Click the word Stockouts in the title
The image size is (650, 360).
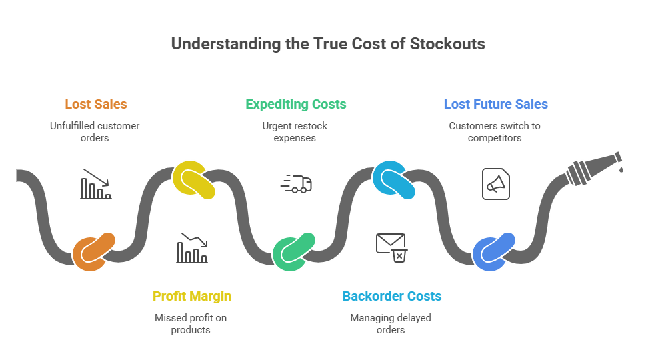tap(447, 45)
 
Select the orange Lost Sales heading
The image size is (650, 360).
tap(96, 104)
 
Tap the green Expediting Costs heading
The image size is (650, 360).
tap(295, 104)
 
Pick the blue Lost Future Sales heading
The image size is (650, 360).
tap(495, 104)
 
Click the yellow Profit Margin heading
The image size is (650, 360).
tap(191, 296)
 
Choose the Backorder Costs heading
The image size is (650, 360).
tap(391, 296)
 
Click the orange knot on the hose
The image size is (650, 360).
tap(93, 252)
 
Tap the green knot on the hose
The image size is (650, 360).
tap(293, 252)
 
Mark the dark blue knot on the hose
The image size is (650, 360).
tap(493, 252)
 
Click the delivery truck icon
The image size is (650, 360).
tap(296, 184)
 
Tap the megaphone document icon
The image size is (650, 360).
tap(495, 184)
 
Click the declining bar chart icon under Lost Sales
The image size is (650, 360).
tap(96, 185)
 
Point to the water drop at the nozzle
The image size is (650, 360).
tap(621, 169)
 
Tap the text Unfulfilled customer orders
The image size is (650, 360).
tap(95, 132)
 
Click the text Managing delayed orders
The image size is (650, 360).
tap(391, 323)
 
